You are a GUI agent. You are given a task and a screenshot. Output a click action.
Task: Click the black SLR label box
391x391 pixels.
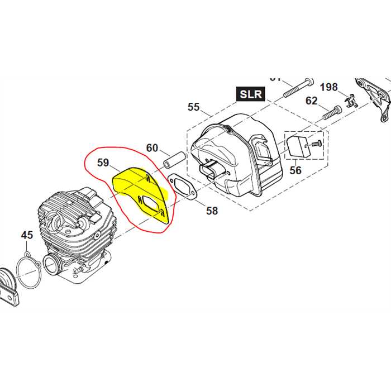[251, 94]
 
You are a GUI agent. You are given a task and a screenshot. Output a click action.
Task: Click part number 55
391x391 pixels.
[193, 107]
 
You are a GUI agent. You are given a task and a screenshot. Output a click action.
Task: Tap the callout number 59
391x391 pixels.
[103, 163]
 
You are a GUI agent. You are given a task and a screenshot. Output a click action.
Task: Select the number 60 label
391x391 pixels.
[152, 148]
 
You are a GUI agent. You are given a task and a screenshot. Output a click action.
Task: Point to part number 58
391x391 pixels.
[212, 211]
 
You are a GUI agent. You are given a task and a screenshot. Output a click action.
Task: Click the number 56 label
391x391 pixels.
[295, 170]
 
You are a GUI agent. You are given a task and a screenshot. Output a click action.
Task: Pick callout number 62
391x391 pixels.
[311, 101]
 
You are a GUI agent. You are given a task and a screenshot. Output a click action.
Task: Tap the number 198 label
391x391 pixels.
[328, 87]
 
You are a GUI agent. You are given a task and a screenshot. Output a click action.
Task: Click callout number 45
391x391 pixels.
[27, 235]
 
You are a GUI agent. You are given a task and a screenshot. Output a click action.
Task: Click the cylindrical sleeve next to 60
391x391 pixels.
[175, 158]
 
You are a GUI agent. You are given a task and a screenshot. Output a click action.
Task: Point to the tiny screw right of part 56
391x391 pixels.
[317, 144]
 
